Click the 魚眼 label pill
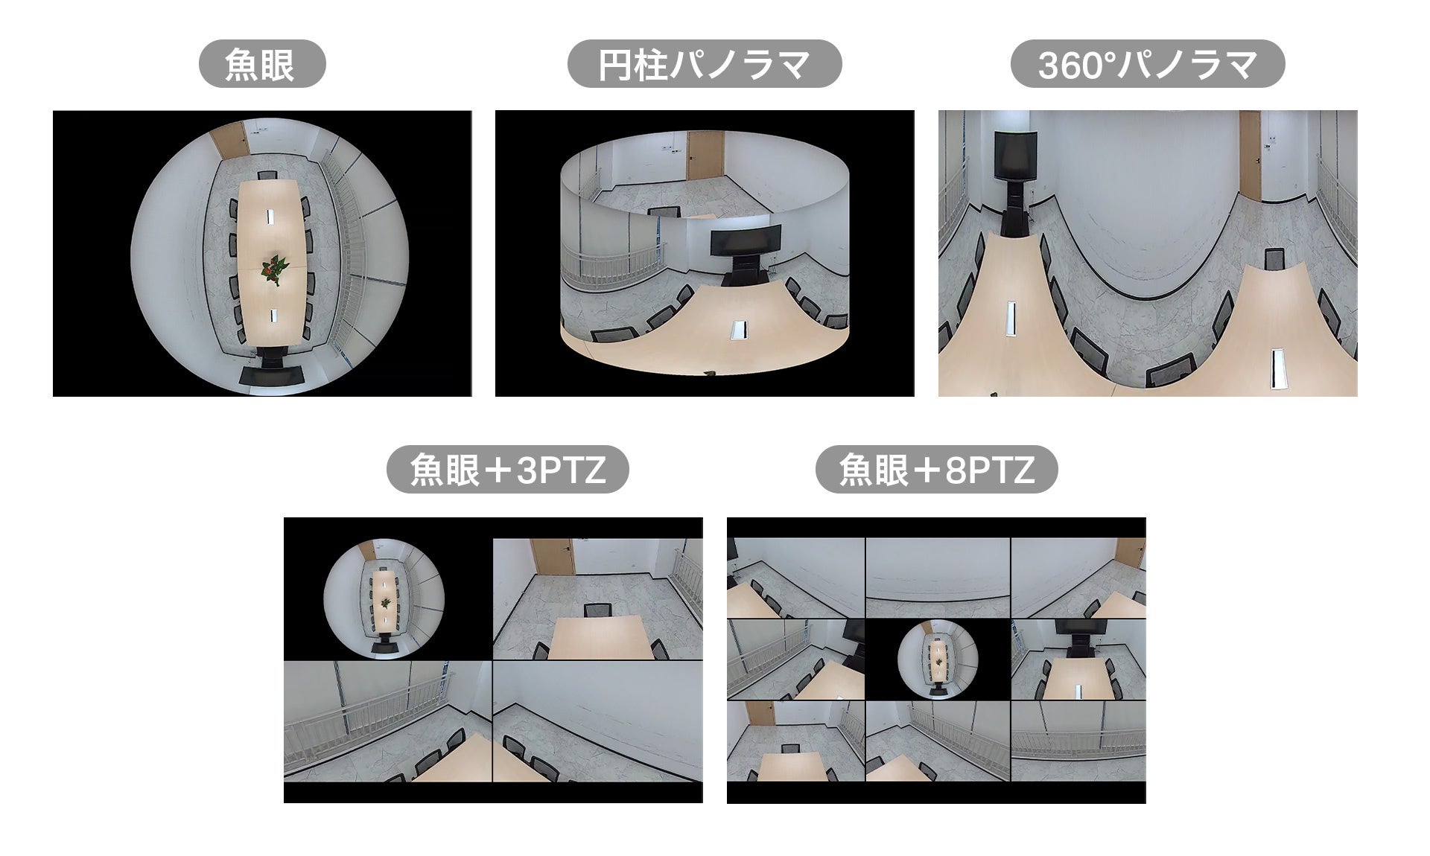pyautogui.click(x=262, y=64)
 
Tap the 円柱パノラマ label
pyautogui.click(x=705, y=64)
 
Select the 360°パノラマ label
pyautogui.click(x=1147, y=64)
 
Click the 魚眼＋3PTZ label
pyautogui.click(x=507, y=470)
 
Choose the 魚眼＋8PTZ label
pyautogui.click(x=936, y=470)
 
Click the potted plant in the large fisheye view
pyautogui.click(x=276, y=269)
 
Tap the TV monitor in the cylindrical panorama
pyautogui.click(x=746, y=241)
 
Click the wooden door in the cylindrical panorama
pyautogui.click(x=705, y=156)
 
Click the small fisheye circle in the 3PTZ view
pyautogui.click(x=384, y=599)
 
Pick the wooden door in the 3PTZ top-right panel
pyautogui.click(x=552, y=556)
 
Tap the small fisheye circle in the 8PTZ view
pyautogui.click(x=937, y=659)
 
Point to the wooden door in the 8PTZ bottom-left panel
pyautogui.click(x=760, y=712)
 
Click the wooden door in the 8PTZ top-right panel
pyautogui.click(x=1131, y=553)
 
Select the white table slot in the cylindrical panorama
pyautogui.click(x=740, y=330)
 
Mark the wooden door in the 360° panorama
pyautogui.click(x=1250, y=156)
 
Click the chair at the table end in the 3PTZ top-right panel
pyautogui.click(x=597, y=610)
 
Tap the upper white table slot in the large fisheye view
pyautogui.click(x=269, y=216)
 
